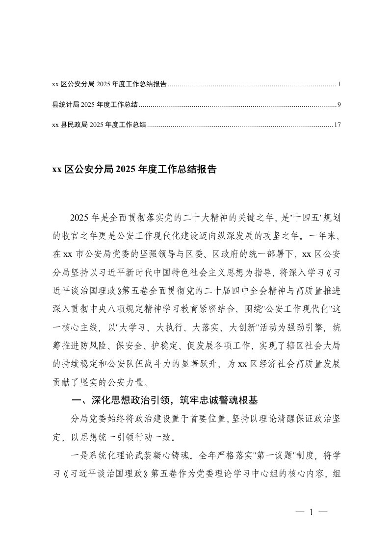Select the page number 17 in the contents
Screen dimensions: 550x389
coord(337,125)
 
